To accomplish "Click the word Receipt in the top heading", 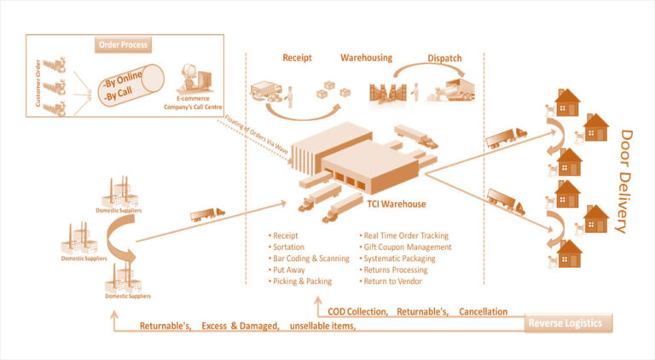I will (x=299, y=58).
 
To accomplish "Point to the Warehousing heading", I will (x=367, y=58).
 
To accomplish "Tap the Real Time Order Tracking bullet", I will (x=407, y=234).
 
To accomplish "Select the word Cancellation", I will (x=483, y=312).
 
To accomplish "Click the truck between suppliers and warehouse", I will (x=207, y=213).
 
